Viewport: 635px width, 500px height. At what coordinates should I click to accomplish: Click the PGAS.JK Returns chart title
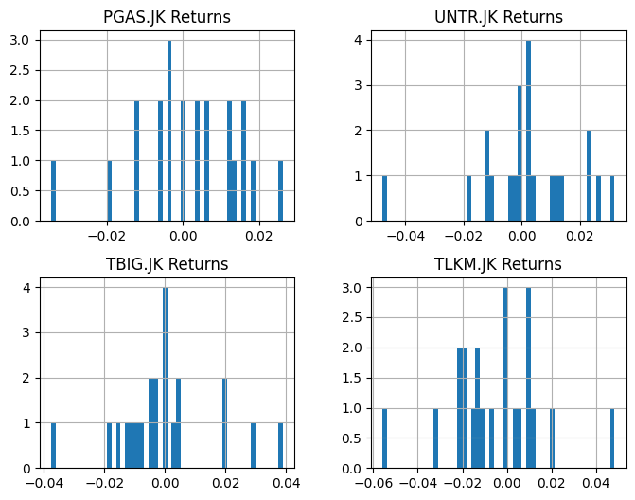166,17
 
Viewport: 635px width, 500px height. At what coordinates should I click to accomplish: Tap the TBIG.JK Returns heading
166,264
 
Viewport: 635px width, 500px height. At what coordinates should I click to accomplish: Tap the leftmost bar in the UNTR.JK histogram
384,198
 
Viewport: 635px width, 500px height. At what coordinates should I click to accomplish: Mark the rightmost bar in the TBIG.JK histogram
280,445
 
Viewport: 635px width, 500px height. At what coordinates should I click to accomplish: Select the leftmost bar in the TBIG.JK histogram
53,445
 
